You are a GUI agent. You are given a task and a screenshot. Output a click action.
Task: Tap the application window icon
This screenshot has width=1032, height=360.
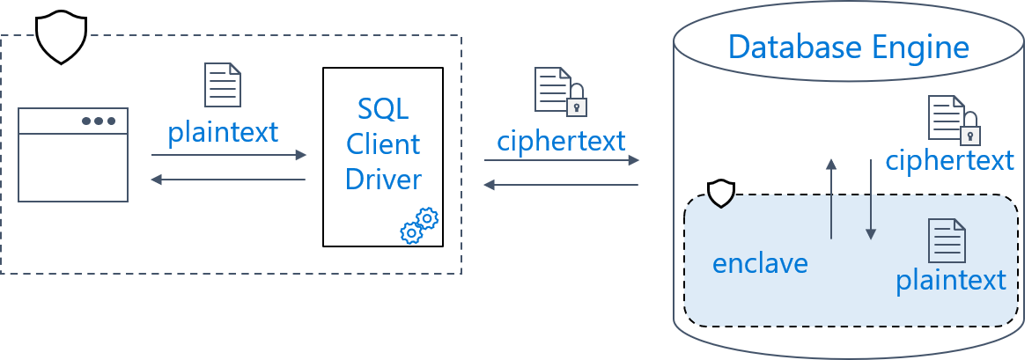pos(73,155)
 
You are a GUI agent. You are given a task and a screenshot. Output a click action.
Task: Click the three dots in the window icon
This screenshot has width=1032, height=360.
pos(99,121)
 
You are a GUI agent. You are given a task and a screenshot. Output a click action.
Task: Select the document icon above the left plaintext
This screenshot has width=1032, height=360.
pos(223,84)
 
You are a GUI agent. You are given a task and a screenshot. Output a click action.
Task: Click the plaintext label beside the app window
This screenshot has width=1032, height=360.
pos(223,132)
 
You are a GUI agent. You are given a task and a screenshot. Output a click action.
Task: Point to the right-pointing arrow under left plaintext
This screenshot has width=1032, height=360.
pos(229,155)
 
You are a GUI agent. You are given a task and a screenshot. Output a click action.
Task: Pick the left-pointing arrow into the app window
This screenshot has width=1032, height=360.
pos(228,179)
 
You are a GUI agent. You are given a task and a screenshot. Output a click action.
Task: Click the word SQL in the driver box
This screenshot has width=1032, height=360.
pos(383,108)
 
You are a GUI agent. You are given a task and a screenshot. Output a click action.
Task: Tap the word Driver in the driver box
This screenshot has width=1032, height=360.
pos(383,179)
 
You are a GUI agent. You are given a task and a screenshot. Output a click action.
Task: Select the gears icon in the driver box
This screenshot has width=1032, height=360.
pos(419,225)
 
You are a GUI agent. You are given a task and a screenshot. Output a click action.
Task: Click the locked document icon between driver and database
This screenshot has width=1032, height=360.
pos(560,92)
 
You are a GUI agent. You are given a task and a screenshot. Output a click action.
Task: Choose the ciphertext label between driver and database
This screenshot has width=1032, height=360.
pos(561,141)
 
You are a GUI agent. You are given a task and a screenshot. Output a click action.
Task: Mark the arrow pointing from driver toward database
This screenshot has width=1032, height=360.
pos(562,160)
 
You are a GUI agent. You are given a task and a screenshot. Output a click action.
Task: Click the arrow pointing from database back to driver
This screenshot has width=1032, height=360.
pos(562,185)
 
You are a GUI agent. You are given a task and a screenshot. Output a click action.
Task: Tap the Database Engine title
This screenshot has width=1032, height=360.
pos(848,48)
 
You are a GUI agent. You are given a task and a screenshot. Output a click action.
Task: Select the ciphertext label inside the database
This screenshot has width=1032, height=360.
pos(949,160)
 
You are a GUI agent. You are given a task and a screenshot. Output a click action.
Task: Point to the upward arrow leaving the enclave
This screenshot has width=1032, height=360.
pos(832,199)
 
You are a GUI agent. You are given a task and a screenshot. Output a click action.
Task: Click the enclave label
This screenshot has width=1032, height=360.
pos(760,263)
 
